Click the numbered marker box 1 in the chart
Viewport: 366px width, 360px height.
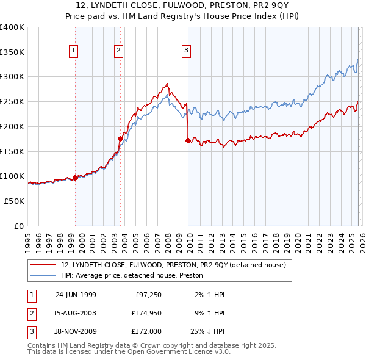(73, 51)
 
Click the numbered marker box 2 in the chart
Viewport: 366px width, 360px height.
(118, 51)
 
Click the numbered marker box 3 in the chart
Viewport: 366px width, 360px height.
(186, 51)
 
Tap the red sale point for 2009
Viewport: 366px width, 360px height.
(187, 140)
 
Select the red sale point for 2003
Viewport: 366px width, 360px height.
(120, 139)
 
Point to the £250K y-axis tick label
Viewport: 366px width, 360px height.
(12, 101)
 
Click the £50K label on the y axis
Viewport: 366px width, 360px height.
(14, 201)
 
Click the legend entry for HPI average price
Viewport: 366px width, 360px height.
(132, 276)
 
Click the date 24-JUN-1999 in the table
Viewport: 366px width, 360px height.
(76, 295)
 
